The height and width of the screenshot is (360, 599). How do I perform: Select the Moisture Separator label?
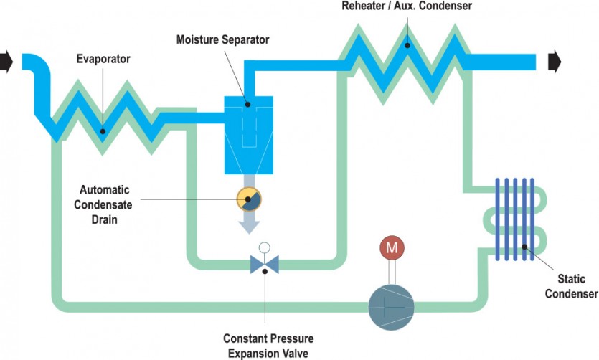pyautogui.click(x=222, y=39)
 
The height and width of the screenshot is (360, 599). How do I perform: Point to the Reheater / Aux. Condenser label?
pyautogui.click(x=407, y=7)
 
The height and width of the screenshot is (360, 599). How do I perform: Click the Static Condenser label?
pyautogui.click(x=571, y=286)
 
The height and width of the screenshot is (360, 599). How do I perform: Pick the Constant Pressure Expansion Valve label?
pyautogui.click(x=268, y=346)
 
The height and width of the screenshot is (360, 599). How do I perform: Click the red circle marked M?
pyautogui.click(x=392, y=248)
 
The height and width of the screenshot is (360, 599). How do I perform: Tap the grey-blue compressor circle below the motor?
pyautogui.click(x=392, y=305)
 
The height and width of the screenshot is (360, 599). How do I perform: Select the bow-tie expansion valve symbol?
pyautogui.click(x=264, y=265)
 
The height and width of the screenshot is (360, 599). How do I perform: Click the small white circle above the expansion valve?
pyautogui.click(x=264, y=247)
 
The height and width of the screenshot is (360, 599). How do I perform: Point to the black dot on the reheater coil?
pyautogui.click(x=407, y=46)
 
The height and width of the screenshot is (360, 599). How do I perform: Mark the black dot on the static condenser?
pyautogui.click(x=525, y=247)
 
